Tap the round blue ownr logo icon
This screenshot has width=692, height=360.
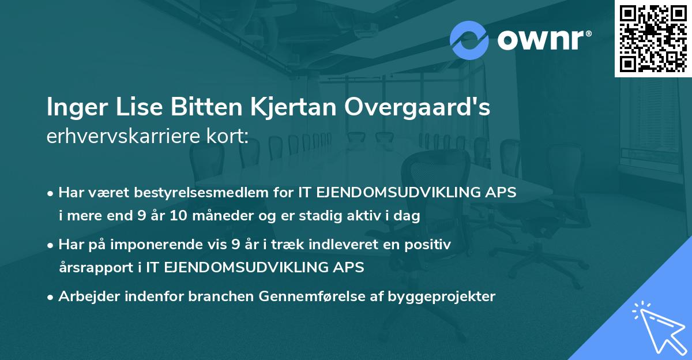coord(469,40)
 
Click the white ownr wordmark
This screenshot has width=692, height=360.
coord(540,40)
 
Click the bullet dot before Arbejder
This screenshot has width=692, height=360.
coord(51,297)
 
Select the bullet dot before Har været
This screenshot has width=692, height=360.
coord(51,193)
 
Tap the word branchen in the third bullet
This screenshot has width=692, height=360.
coord(222,297)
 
